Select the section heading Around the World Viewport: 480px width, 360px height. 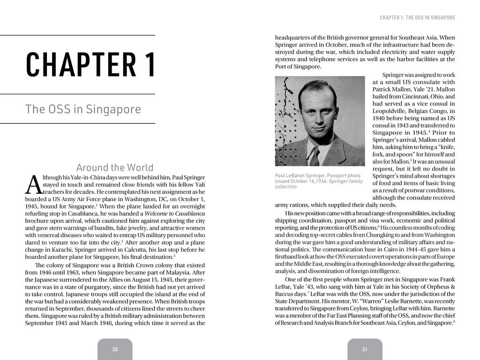(x=114, y=167)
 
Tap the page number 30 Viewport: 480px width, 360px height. (x=115, y=349)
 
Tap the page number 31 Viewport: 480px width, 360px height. (x=365, y=349)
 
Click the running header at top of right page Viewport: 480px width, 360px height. (x=417, y=18)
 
